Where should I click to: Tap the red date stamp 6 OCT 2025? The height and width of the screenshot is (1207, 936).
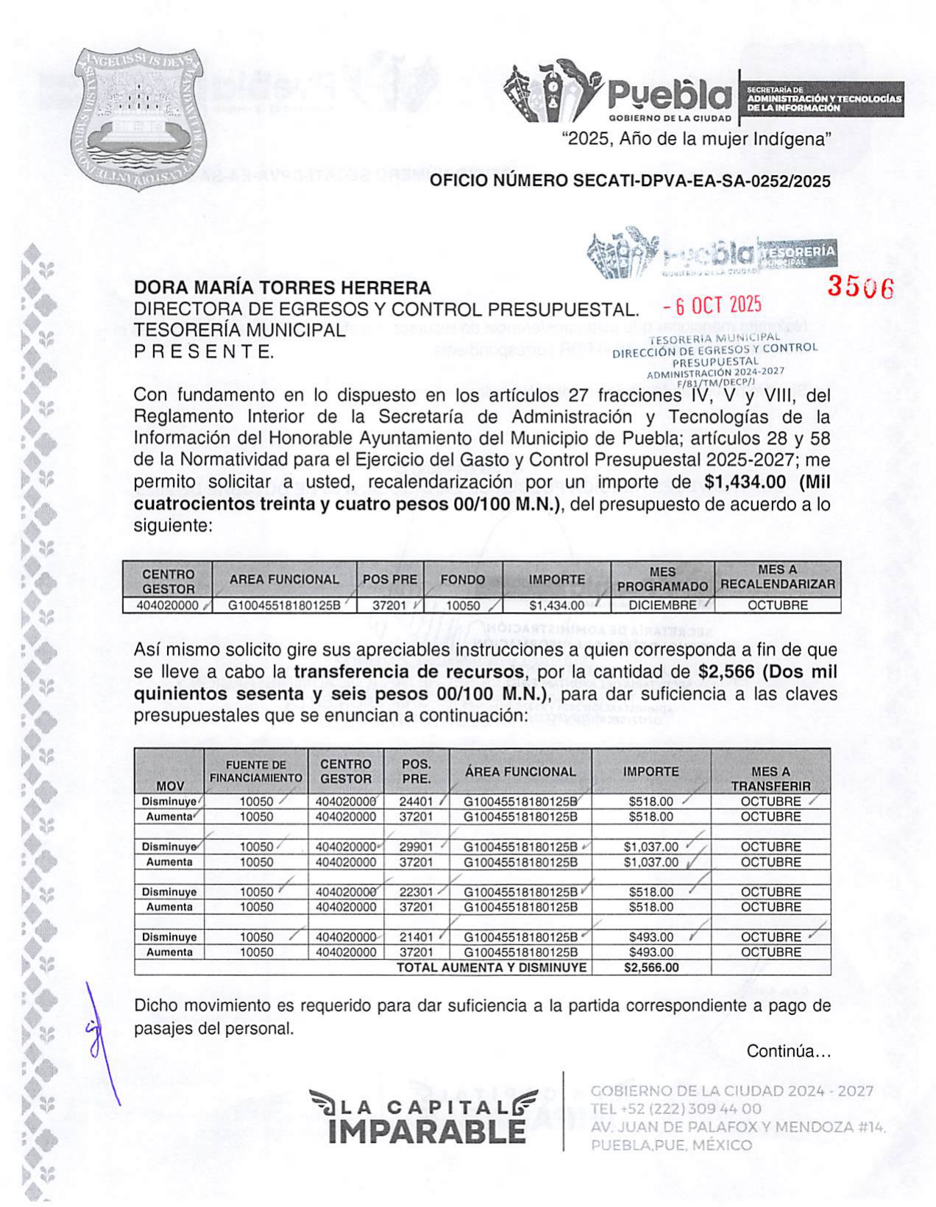point(712,305)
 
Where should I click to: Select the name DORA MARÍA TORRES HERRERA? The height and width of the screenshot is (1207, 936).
point(282,288)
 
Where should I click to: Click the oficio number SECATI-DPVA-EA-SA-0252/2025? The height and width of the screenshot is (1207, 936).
point(630,181)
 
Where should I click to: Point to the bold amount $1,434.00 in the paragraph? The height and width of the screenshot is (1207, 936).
point(745,483)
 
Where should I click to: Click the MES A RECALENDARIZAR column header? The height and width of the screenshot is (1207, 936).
point(777,577)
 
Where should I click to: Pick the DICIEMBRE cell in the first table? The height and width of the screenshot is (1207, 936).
point(662,605)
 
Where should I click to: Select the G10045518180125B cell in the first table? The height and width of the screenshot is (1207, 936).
point(283,605)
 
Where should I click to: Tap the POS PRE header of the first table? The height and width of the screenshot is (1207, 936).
point(389,580)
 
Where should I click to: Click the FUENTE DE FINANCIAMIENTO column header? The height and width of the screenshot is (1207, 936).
point(255,772)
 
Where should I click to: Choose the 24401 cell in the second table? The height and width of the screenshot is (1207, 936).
point(416,802)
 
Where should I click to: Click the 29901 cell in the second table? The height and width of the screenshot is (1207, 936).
point(416,847)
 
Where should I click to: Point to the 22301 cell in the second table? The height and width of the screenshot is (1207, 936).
point(416,892)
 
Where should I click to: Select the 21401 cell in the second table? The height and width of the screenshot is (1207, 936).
point(416,937)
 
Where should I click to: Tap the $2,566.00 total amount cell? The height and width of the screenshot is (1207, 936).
point(650,968)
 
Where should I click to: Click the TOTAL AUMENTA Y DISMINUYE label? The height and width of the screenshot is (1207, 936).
point(492,968)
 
